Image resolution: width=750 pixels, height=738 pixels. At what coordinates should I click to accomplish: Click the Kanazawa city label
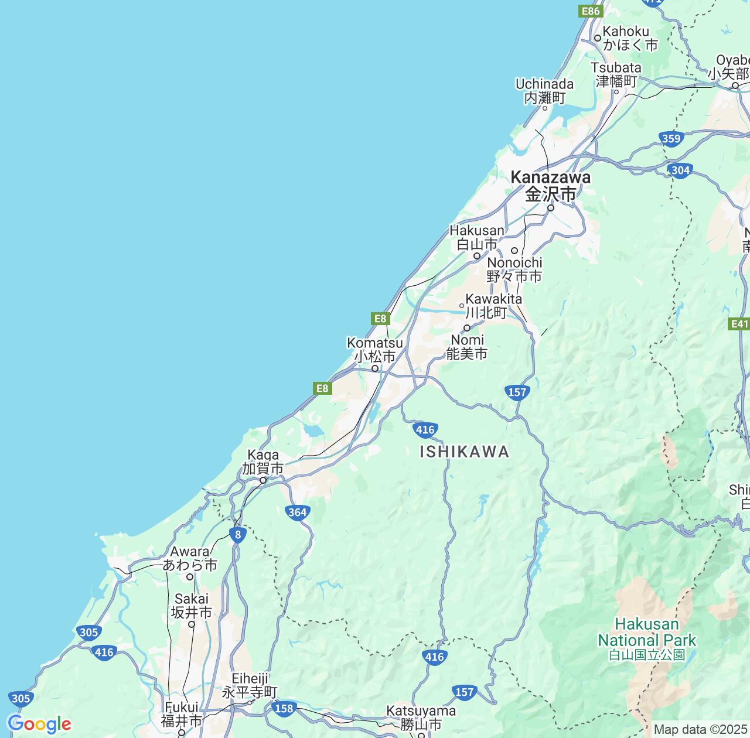(x=550, y=185)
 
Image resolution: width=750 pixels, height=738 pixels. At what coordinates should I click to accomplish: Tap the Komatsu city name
(x=374, y=349)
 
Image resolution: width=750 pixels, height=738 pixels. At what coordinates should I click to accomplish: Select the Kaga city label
(x=262, y=462)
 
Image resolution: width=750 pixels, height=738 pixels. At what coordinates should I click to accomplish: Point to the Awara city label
(x=190, y=558)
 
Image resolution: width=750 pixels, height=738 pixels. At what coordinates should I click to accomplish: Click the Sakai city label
(x=191, y=606)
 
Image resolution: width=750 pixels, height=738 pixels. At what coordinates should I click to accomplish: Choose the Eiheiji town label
(x=250, y=685)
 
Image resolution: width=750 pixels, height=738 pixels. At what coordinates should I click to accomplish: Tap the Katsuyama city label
(x=421, y=717)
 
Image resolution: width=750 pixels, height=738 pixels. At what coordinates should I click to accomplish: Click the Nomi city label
(x=467, y=347)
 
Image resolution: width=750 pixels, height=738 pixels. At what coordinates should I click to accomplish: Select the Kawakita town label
(x=493, y=305)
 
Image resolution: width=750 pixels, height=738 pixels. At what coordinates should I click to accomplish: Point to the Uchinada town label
(x=544, y=90)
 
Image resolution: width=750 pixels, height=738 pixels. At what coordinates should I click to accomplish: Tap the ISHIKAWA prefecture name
(x=464, y=452)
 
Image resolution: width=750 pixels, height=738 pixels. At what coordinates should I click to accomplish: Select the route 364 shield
(x=298, y=512)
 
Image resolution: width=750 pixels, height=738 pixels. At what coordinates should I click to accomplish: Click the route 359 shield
(x=670, y=139)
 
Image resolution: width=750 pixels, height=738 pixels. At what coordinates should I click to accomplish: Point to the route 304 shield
(x=680, y=170)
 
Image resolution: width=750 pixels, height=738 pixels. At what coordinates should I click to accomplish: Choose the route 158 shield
(x=284, y=708)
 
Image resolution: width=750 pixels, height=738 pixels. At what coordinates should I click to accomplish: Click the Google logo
(x=39, y=724)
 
